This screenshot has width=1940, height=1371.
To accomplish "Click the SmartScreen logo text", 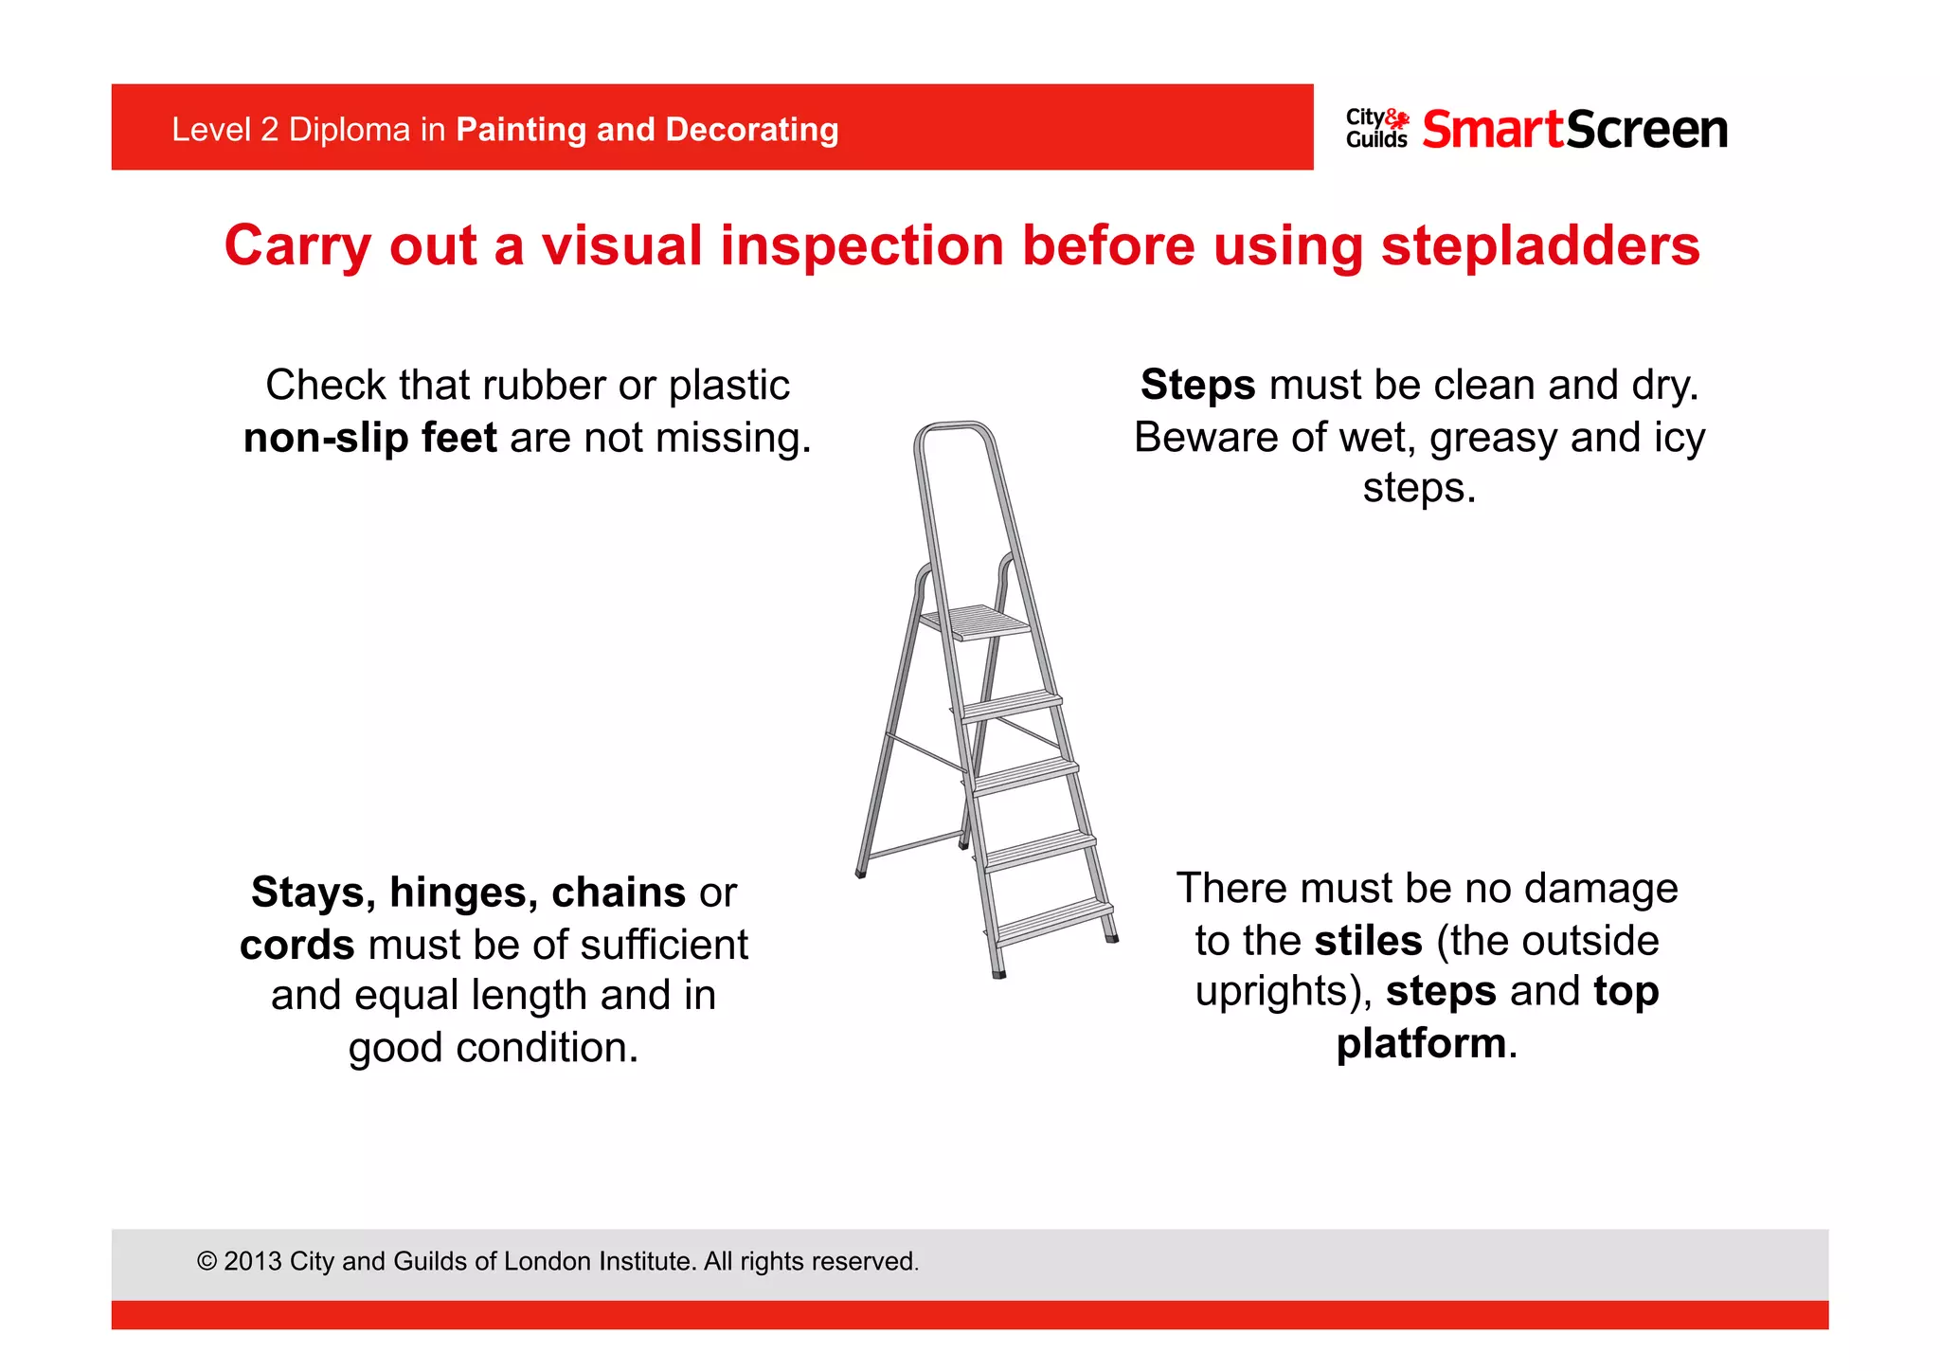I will point(1574,130).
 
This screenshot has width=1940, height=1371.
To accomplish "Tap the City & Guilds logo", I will point(1376,129).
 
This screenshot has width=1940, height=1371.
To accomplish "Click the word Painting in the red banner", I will point(520,130).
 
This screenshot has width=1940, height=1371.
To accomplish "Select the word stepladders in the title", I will point(1539,246).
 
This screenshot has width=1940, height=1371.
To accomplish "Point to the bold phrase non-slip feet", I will point(369,439).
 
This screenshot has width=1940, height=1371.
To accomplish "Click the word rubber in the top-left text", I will point(544,386).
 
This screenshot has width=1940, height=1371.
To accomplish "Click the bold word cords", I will point(296,946).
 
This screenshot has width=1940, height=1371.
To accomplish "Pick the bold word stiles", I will point(1368,941).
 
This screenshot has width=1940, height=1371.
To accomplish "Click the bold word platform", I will point(1420,1044).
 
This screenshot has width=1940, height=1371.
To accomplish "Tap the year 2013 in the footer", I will point(252,1262).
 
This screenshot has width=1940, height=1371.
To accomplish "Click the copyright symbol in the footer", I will point(207,1262).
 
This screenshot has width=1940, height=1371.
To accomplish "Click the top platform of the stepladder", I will point(976,622).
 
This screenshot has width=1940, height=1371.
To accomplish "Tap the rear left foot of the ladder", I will point(861,872).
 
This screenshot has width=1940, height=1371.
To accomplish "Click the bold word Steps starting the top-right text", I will point(1197,386).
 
